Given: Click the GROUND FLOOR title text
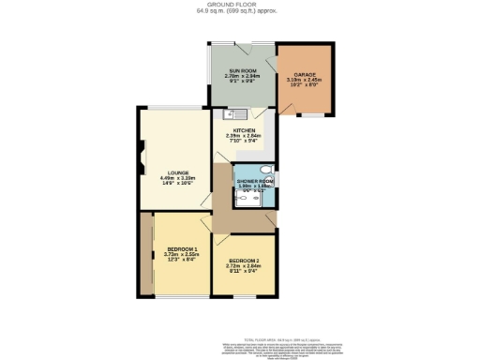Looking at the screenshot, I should point(240,5).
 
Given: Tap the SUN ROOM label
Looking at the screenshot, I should point(240,71).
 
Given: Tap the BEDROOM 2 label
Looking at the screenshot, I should point(243,262).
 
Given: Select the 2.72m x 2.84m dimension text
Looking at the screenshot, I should point(243,268).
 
